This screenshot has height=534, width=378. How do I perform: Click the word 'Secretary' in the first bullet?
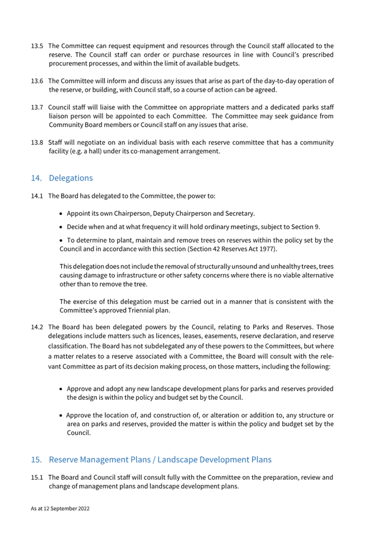[x=240, y=214]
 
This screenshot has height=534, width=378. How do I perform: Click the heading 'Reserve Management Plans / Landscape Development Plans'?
[x=160, y=460]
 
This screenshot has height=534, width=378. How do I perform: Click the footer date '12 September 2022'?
[x=66, y=510]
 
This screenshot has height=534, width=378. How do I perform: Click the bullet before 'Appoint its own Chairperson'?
[x=61, y=214]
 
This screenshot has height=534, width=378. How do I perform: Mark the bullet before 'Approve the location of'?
[x=61, y=415]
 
